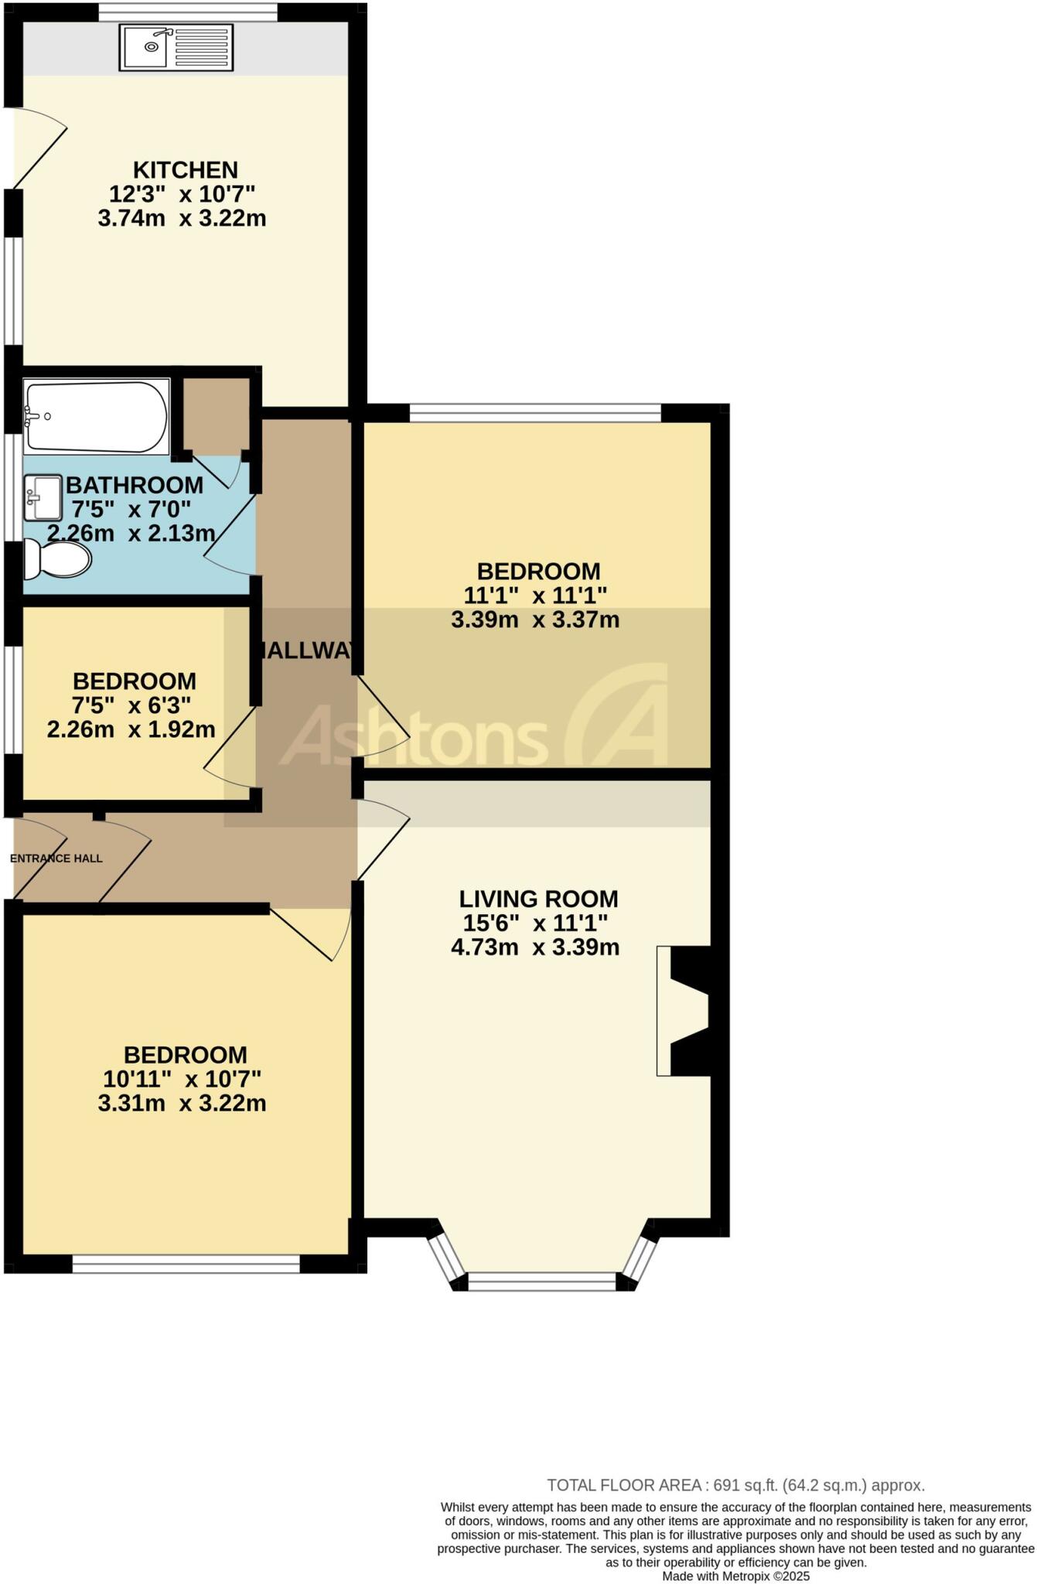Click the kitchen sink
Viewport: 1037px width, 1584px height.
[176, 47]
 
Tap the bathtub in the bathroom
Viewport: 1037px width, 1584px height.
[96, 416]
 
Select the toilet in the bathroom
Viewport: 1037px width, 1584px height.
[56, 558]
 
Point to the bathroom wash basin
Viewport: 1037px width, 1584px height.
[43, 497]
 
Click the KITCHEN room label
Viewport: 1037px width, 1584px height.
[186, 169]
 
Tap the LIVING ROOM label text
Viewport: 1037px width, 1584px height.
[538, 899]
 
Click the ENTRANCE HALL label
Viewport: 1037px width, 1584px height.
[56, 858]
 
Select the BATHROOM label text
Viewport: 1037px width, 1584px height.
[135, 485]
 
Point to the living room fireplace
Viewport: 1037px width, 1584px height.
[685, 1010]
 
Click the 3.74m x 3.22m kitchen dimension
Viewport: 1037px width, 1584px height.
[182, 218]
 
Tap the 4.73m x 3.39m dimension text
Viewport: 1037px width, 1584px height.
[535, 947]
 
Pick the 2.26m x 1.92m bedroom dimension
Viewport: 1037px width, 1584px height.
[131, 729]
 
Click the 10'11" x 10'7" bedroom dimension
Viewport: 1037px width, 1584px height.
[182, 1078]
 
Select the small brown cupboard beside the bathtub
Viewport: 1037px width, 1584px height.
[216, 415]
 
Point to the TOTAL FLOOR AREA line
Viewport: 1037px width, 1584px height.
[735, 1485]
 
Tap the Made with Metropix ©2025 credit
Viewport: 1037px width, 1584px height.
[735, 1576]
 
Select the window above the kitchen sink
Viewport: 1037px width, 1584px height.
[188, 12]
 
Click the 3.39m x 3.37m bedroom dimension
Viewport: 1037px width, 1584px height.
[535, 620]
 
